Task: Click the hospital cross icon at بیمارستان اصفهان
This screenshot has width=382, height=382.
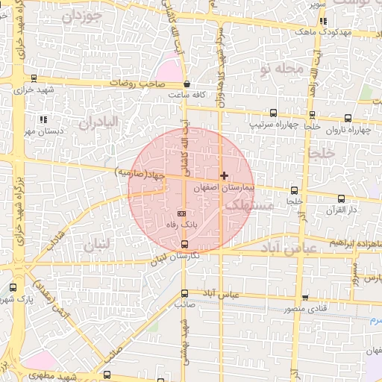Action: [224, 175]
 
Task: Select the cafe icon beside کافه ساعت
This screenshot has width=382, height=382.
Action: [186, 84]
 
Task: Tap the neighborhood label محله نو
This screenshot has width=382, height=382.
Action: [282, 69]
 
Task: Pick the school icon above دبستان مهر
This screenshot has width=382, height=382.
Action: [43, 119]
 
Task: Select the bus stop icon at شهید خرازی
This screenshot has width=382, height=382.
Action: [33, 78]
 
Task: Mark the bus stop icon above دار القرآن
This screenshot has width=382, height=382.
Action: [342, 198]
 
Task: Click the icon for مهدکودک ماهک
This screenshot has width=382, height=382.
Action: [322, 21]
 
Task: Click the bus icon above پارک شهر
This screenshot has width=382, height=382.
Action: [13, 286]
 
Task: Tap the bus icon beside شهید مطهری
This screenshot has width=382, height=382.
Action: [107, 375]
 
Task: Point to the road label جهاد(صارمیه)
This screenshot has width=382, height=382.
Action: [140, 174]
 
